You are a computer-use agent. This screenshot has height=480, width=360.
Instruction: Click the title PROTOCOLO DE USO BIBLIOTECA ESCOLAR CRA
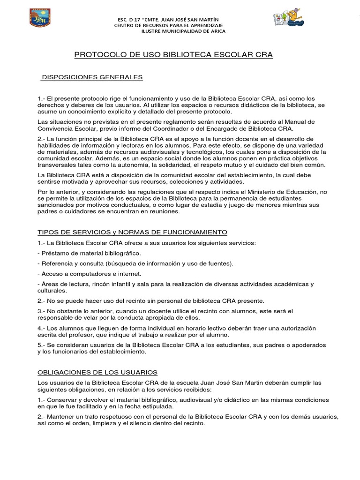coord(173,55)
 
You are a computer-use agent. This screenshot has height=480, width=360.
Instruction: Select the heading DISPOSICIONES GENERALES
coord(92,77)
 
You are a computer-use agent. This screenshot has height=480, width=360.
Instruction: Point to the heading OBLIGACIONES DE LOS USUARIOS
coord(97,372)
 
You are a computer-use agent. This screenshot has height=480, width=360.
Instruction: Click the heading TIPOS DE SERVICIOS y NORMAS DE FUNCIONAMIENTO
coord(132,232)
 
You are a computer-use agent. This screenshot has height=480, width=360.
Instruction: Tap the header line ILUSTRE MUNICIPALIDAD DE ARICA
coord(183,31)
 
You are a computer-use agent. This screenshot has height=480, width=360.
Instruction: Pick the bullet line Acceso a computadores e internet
coord(89,273)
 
